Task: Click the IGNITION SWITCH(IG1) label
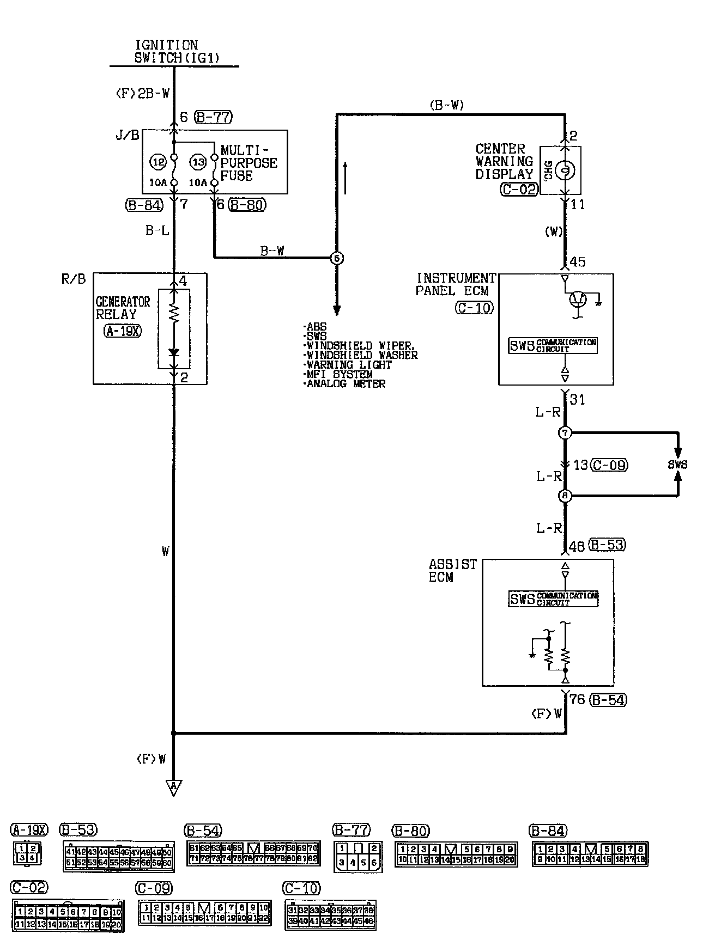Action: point(166,51)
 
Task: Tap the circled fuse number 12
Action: point(159,161)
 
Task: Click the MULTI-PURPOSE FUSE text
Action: point(249,162)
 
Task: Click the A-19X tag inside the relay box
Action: point(122,331)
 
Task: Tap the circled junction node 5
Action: point(337,258)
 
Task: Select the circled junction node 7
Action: point(565,434)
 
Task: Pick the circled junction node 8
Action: point(565,496)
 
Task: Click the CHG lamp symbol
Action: point(566,170)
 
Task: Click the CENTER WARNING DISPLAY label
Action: point(504,162)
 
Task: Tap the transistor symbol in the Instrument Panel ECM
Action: point(578,299)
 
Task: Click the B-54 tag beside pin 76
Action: point(609,700)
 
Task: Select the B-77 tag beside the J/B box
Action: point(213,117)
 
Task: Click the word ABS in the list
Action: point(316,327)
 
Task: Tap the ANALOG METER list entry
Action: point(345,384)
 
